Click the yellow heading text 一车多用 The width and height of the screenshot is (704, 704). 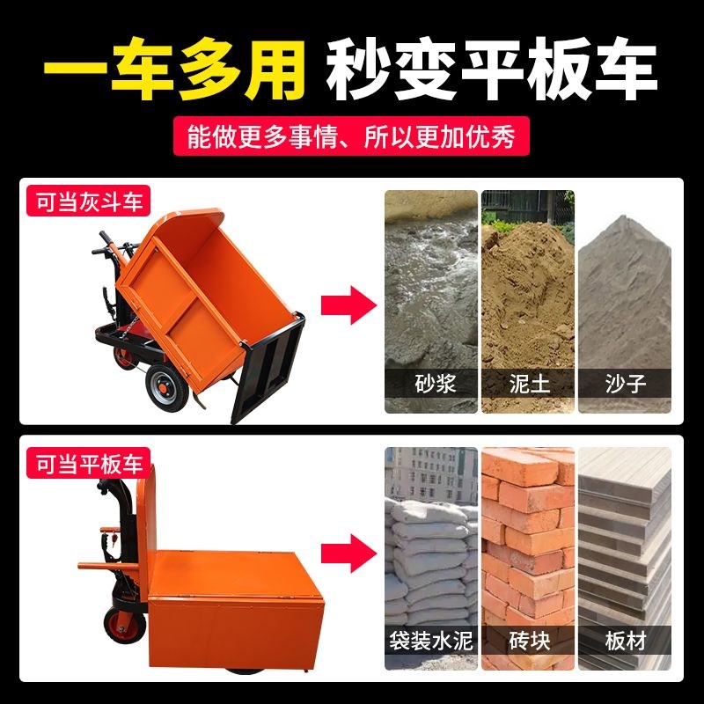(x=176, y=65)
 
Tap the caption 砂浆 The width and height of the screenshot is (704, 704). (x=431, y=384)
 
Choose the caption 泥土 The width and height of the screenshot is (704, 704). (x=526, y=384)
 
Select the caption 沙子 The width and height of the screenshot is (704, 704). (x=624, y=384)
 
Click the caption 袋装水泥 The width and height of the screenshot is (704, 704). (x=431, y=641)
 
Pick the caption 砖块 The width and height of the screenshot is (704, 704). (x=526, y=641)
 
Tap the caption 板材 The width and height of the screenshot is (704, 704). (x=624, y=641)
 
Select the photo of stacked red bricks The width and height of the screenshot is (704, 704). (x=526, y=537)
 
